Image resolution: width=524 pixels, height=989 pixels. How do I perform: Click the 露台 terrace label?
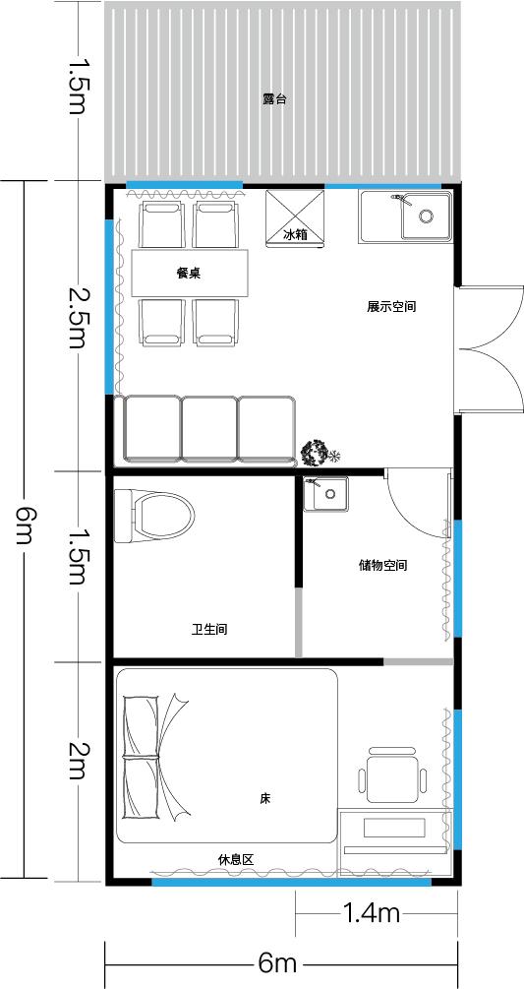(275, 99)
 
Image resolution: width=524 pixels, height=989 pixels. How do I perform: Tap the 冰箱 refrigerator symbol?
(295, 217)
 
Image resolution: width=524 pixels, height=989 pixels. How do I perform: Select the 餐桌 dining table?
(190, 274)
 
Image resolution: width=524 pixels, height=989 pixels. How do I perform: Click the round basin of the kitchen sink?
(427, 216)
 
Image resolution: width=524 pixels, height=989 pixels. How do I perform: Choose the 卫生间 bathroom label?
(209, 630)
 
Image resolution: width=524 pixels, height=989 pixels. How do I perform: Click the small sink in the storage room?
(325, 494)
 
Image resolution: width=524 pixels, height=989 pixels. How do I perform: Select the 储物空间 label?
(383, 565)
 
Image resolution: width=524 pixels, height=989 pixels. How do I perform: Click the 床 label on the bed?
(265, 798)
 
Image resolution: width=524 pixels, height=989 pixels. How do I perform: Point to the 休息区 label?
(236, 859)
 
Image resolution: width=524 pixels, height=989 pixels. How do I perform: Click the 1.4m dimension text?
(372, 912)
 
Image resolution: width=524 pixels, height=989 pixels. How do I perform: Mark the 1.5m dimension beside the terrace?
(77, 87)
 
